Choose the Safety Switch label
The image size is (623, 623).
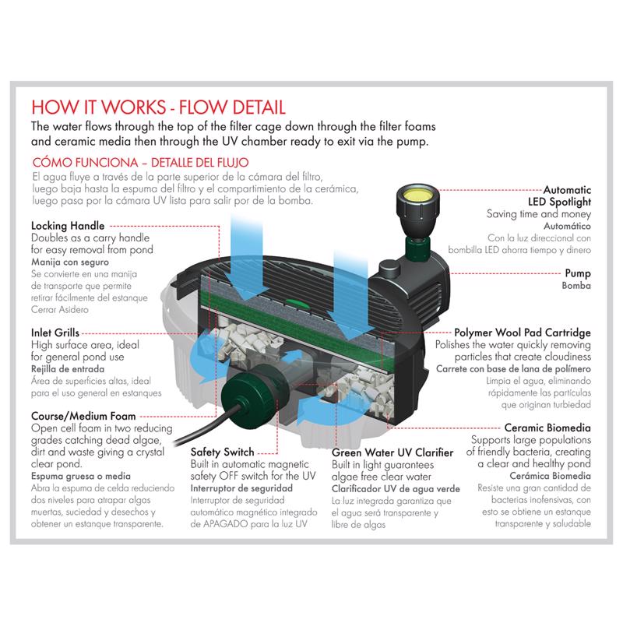[226, 452]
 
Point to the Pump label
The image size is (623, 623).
[578, 273]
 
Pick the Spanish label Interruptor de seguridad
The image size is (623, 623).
[240, 488]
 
